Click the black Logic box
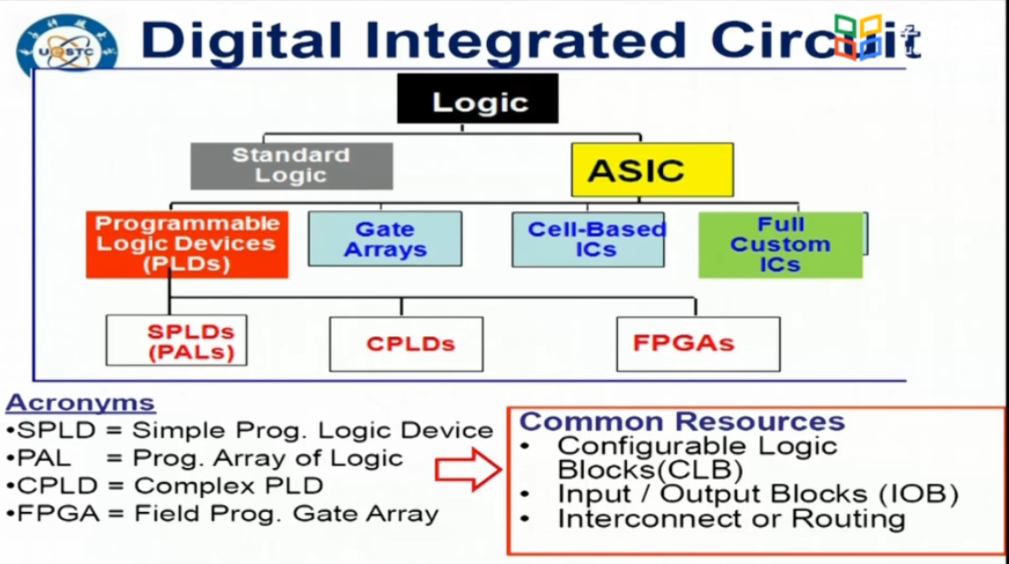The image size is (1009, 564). [x=478, y=99]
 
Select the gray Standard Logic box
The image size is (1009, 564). [x=291, y=165]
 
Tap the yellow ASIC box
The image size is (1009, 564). [x=652, y=169]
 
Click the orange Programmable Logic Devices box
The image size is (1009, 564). [x=187, y=244]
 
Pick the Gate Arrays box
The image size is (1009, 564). [x=385, y=238]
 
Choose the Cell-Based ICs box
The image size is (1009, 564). [x=588, y=239]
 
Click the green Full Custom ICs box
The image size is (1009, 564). [x=780, y=245]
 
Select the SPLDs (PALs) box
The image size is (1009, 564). [x=176, y=341]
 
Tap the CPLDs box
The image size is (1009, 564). [x=406, y=343]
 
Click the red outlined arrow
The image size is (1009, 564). [x=467, y=468]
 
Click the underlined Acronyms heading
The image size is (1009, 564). [x=81, y=403]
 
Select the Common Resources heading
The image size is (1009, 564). [x=682, y=421]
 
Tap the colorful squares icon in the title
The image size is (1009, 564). [x=858, y=36]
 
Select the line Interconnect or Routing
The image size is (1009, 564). [x=731, y=518]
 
